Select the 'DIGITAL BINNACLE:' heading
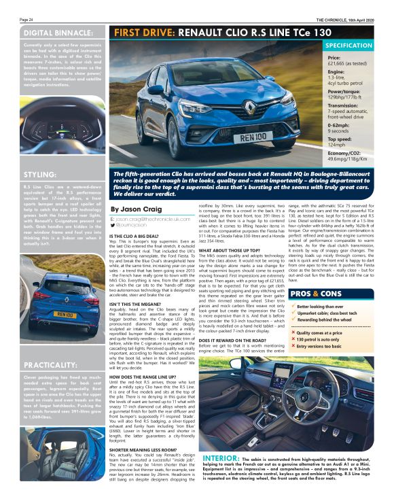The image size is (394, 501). point(58,32)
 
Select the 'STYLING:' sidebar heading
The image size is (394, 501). point(40,174)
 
